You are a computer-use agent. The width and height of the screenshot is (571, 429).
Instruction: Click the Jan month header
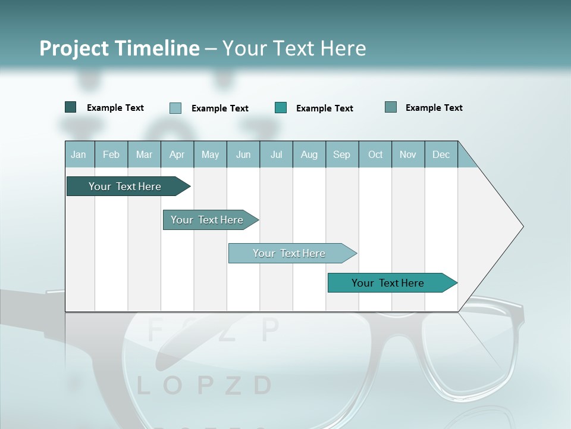tap(79, 154)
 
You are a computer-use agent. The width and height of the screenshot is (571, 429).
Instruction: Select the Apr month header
tap(177, 154)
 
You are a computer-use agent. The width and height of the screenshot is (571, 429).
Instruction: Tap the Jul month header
tap(276, 154)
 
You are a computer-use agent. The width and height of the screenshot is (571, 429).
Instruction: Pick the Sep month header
tap(341, 154)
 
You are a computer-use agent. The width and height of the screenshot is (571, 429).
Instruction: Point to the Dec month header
tap(441, 154)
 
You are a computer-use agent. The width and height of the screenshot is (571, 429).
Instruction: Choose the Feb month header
tap(111, 154)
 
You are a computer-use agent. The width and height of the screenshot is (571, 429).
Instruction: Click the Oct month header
tap(375, 154)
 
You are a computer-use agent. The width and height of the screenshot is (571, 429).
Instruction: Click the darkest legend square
tap(71, 107)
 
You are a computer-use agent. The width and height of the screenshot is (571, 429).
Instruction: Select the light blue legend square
tap(175, 108)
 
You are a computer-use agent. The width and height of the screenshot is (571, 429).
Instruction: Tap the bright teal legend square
tap(281, 108)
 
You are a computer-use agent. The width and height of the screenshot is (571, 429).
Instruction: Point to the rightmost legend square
tap(391, 107)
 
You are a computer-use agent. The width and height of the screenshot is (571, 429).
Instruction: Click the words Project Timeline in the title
tap(120, 48)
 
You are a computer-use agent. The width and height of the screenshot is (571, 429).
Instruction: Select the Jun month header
tap(243, 154)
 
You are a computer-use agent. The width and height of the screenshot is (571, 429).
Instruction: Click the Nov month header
tap(408, 154)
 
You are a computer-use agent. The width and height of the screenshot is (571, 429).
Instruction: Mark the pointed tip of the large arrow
tap(522, 226)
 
